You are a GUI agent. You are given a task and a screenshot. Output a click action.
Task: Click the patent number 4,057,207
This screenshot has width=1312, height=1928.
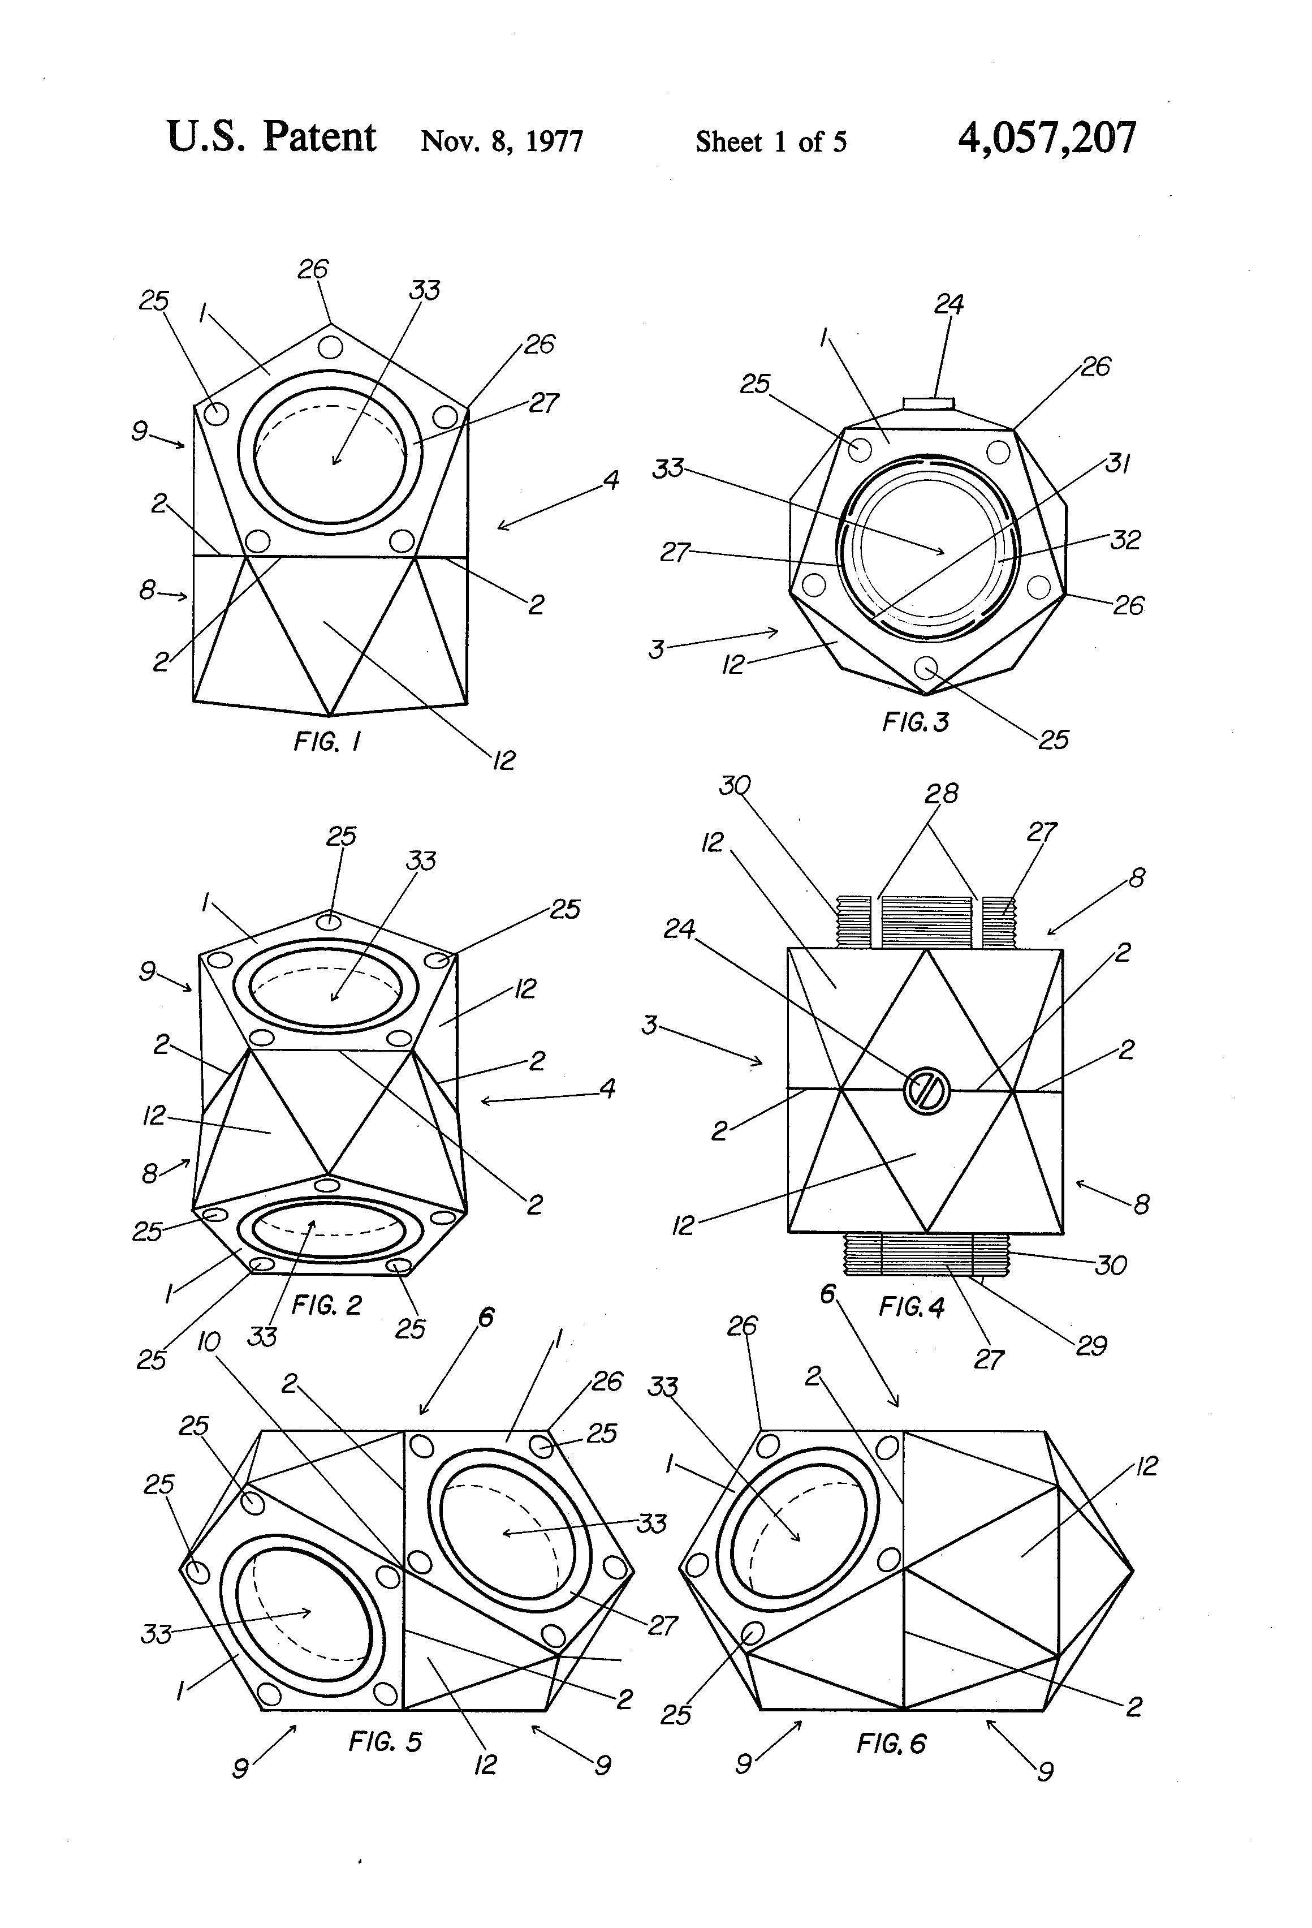pyautogui.click(x=1047, y=139)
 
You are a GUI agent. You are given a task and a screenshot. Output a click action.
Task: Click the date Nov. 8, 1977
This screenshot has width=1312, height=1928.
pyautogui.click(x=502, y=141)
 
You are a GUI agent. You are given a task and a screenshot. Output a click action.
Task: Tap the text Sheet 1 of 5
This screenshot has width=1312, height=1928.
pyautogui.click(x=770, y=142)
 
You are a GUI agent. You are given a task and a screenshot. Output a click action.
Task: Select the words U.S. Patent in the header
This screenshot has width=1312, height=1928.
pyautogui.click(x=271, y=137)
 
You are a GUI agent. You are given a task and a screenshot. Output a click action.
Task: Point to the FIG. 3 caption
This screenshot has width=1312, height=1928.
pyautogui.click(x=916, y=722)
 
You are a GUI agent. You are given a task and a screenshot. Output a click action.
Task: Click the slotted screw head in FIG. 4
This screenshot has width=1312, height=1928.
pyautogui.click(x=926, y=1091)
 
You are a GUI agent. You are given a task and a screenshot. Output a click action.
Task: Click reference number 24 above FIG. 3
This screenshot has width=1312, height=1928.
pyautogui.click(x=949, y=304)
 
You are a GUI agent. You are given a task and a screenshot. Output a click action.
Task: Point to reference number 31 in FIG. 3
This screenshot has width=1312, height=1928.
pyautogui.click(x=1118, y=463)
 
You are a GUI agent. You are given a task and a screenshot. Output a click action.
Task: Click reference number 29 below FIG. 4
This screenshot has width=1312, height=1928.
pyautogui.click(x=1091, y=1345)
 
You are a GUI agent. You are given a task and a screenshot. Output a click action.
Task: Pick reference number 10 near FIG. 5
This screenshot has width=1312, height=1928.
pyautogui.click(x=208, y=1341)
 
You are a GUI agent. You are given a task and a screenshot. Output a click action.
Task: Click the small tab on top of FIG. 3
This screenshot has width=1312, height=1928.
pyautogui.click(x=929, y=403)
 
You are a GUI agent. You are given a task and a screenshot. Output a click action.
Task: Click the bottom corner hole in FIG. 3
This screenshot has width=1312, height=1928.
pyautogui.click(x=926, y=667)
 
